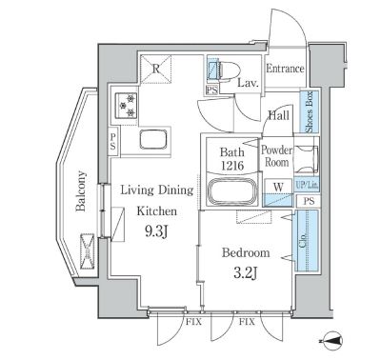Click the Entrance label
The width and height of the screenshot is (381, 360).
pos(285,69)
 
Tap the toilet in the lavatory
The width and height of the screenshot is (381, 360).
pos(223,70)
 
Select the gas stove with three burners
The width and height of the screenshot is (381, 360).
pos(126,106)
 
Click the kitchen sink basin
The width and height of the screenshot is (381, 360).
pos(153,139)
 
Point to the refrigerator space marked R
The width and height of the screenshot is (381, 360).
pos(155,69)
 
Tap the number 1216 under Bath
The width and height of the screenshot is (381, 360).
pos(232,166)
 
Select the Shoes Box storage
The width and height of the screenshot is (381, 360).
pos(310,111)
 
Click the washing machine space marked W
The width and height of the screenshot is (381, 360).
pos(278,193)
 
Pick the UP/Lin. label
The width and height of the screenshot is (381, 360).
pos(307,186)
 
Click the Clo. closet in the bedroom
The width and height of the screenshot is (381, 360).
pos(307,240)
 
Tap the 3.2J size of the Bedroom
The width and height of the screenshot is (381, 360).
pos(245,273)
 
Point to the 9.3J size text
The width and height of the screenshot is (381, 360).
pos(155,232)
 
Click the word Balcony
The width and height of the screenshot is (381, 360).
pos(81,191)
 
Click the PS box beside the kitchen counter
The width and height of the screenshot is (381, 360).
pos(113,141)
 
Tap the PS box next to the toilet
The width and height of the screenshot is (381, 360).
pos(212,90)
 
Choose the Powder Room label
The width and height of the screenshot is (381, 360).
pos(277,156)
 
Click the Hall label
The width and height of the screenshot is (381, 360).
pos(279,115)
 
